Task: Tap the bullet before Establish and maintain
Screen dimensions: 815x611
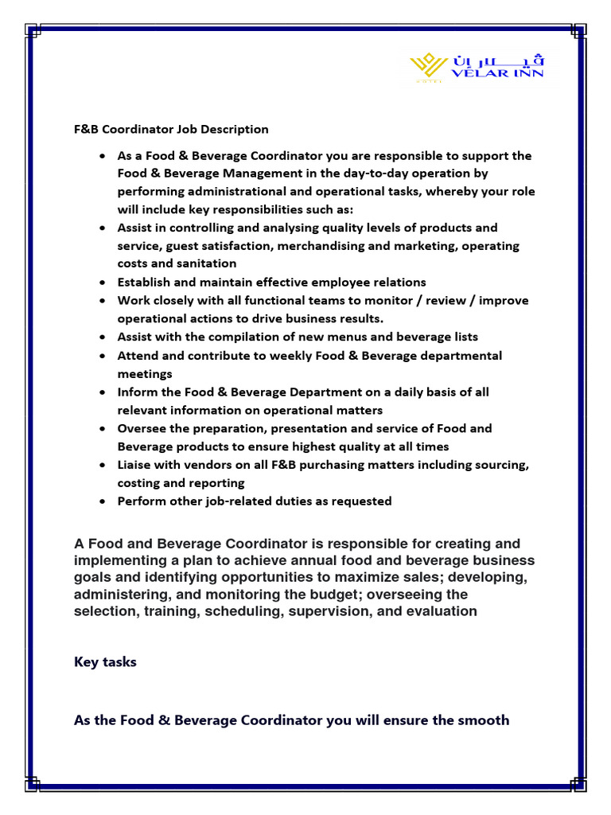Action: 103,283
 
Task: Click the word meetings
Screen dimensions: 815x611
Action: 145,373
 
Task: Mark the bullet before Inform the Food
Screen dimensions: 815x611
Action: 103,392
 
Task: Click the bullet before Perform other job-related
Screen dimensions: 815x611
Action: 103,501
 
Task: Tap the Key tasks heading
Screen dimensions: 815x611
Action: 105,661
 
